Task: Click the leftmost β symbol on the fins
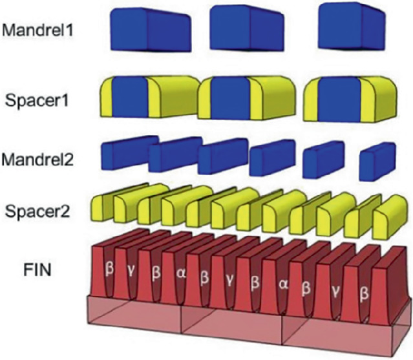(109, 265)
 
